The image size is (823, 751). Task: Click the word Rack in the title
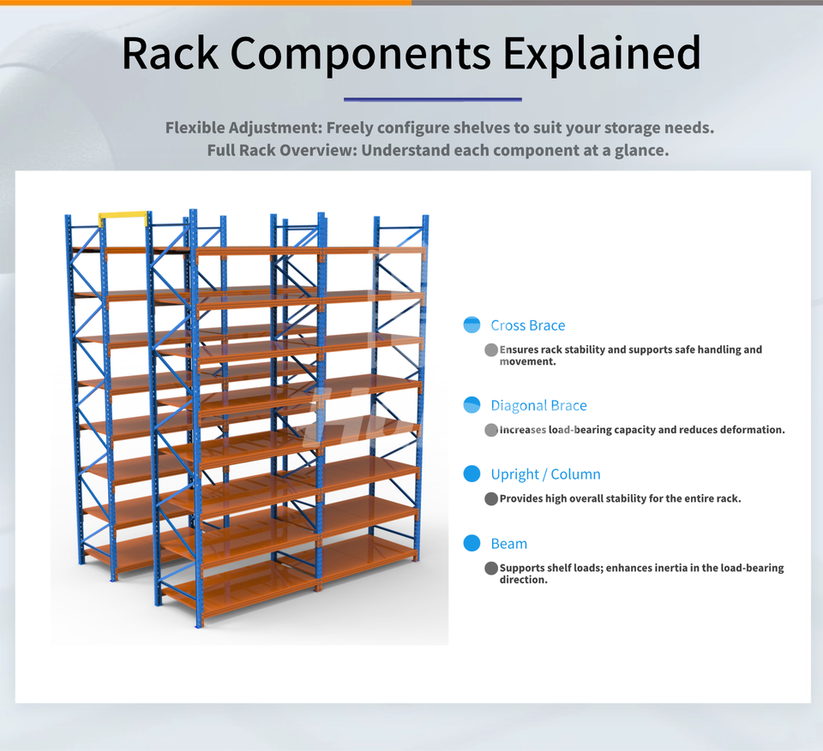[170, 53]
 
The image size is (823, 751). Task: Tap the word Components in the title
[360, 53]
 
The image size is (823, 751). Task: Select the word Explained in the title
[602, 53]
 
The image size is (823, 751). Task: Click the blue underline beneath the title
[432, 99]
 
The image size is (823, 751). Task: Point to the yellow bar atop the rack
[123, 217]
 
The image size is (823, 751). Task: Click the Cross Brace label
[527, 325]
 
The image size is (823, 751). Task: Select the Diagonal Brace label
[538, 406]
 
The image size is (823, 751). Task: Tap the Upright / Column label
[545, 474]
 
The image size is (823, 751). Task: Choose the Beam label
[508, 544]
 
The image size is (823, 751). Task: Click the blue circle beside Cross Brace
[472, 325]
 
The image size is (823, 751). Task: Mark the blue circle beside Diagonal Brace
[472, 405]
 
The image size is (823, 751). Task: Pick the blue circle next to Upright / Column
[472, 474]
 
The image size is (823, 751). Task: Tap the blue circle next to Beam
[472, 543]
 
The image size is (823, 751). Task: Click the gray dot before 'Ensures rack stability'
[491, 349]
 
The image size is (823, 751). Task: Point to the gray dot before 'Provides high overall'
[491, 498]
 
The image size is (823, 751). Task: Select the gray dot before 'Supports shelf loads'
[491, 568]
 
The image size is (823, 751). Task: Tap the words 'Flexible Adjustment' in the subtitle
[242, 128]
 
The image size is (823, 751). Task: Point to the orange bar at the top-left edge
[206, 3]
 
